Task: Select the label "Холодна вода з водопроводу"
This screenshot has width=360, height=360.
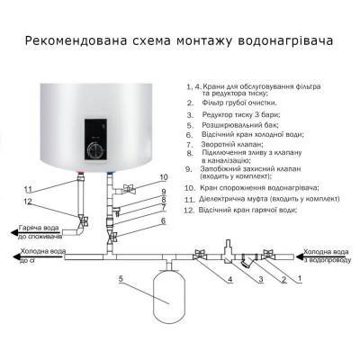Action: coord(328,256)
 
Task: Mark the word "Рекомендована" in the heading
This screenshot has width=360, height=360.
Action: coord(72,41)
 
